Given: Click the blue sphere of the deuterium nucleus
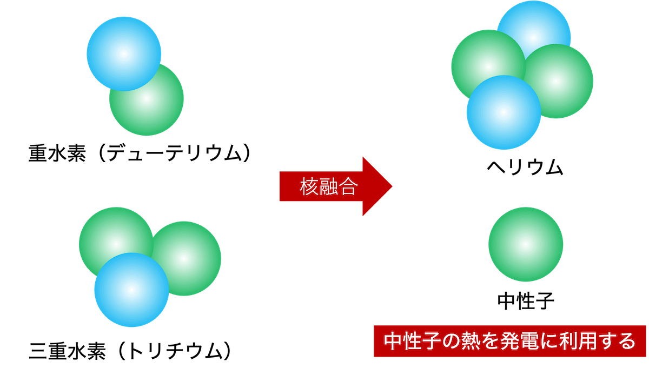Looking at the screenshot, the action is [124, 54].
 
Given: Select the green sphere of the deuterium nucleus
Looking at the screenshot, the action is [147, 99].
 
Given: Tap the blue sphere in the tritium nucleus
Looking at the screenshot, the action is [131, 290].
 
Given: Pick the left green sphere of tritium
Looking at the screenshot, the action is [116, 244].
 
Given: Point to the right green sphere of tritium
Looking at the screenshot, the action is [184, 259].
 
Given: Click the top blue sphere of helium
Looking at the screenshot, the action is [534, 38].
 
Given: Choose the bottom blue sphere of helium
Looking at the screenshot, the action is [504, 112].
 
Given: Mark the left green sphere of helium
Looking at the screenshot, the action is [488, 67].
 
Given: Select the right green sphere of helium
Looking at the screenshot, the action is [556, 81].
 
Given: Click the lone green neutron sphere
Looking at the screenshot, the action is [526, 244].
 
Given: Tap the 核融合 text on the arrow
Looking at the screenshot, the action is [329, 186].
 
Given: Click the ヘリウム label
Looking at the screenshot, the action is [525, 168].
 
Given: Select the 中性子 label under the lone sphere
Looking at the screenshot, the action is [526, 301].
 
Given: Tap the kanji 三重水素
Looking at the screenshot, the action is [68, 351].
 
